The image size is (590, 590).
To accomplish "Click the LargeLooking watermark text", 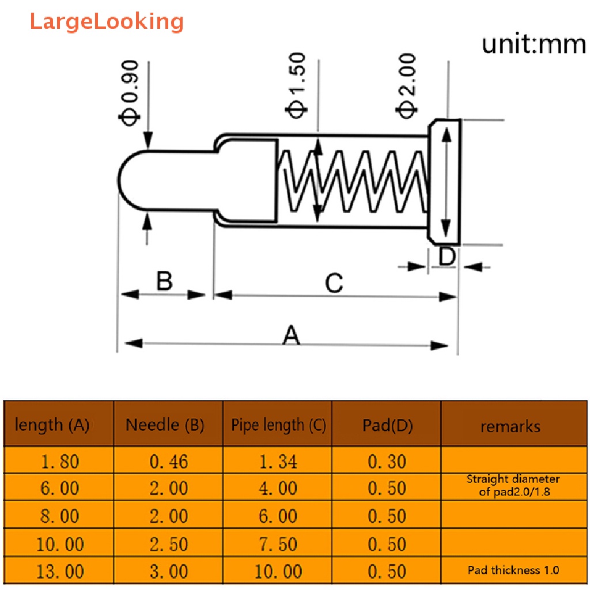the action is coord(107,22).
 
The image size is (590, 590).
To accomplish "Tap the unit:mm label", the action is coord(534,44).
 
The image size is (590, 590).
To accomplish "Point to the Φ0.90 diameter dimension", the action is coord(129,93).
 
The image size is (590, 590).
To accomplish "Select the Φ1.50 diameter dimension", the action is coord(296,85).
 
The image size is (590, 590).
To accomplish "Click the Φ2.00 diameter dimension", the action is coord(406,86).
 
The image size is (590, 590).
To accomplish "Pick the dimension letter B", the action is coord(164,281).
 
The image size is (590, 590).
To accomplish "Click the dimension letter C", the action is coord(334,283).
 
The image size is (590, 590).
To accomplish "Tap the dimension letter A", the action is coord(291,335).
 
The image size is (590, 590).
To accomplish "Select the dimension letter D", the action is coord(447,256).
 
